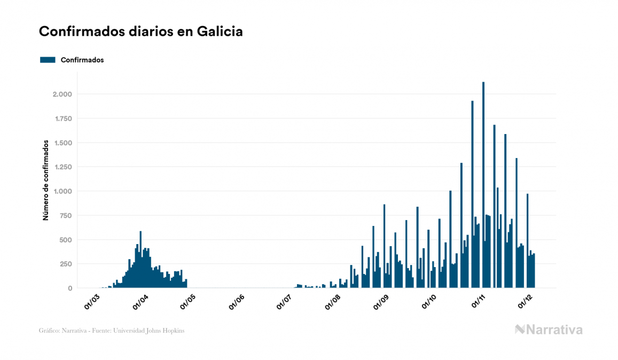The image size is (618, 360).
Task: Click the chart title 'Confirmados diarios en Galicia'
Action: coord(141,32)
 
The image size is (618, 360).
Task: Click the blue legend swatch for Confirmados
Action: coord(48,60)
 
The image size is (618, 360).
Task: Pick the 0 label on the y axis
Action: coord(69,288)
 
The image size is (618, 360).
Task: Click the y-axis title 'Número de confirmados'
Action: coord(46,180)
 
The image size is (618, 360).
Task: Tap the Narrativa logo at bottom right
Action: coord(549,330)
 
